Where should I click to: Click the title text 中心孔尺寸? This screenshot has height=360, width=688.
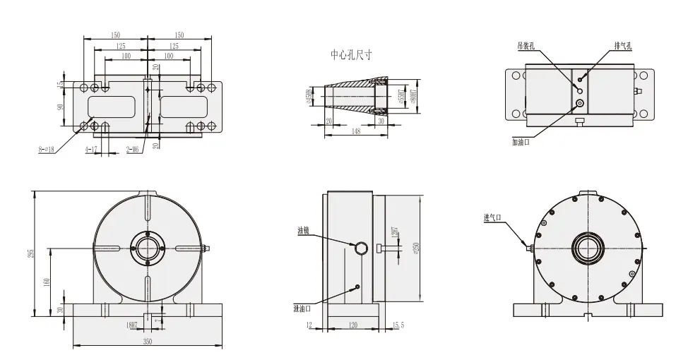pyautogui.click(x=351, y=54)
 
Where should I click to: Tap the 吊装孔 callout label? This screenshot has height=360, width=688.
pyautogui.click(x=526, y=44)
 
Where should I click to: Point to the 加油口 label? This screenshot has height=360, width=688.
pyautogui.click(x=521, y=141)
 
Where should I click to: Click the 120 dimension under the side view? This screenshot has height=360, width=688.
pyautogui.click(x=353, y=325)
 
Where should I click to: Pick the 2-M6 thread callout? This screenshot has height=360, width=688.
pyautogui.click(x=132, y=150)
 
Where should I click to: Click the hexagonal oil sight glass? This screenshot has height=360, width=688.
pyautogui.click(x=360, y=246)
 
